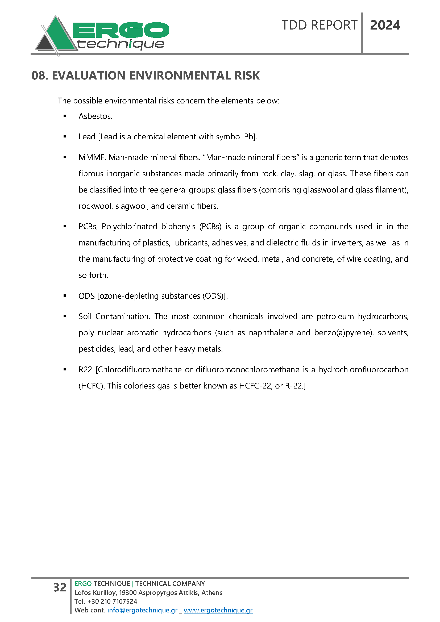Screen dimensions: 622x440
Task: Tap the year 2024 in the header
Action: click(x=385, y=25)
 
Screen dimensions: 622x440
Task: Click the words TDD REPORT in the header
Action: click(x=319, y=25)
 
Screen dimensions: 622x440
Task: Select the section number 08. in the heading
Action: click(x=40, y=76)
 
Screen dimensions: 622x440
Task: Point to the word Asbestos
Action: click(x=95, y=116)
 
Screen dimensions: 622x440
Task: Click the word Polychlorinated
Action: click(x=129, y=227)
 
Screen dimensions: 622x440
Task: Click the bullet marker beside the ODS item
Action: click(x=65, y=296)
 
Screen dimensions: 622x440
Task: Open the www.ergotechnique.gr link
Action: click(x=218, y=610)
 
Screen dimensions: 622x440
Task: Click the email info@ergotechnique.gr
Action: click(x=142, y=610)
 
